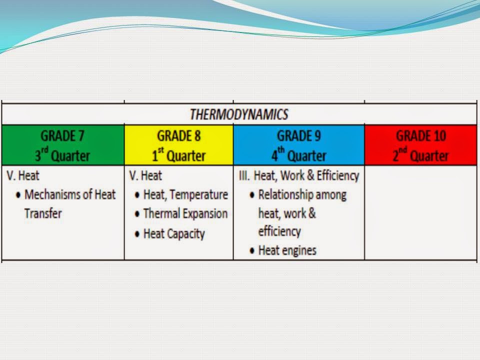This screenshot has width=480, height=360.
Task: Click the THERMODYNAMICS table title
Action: [239, 114]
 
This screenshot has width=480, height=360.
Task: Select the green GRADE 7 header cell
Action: [62, 145]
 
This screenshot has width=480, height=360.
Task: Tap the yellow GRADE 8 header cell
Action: [178, 145]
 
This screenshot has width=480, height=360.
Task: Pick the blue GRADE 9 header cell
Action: [298, 145]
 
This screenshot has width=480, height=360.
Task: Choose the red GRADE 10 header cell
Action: [420, 145]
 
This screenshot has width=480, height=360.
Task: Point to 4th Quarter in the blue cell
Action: [298, 155]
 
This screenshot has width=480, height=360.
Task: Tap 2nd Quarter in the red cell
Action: [420, 155]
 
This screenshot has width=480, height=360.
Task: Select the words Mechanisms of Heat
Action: [69, 194]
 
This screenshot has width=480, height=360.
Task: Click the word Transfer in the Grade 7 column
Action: [43, 213]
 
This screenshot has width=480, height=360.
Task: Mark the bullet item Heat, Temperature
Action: [185, 194]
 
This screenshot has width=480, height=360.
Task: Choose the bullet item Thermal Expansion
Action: [185, 213]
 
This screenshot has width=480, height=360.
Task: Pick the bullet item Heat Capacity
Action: [173, 233]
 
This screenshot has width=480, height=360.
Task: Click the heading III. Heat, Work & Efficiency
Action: [299, 175]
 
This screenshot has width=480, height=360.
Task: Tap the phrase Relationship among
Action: [302, 194]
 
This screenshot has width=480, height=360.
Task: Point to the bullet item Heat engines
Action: [287, 250]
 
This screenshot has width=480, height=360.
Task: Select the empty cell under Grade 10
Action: [420, 212]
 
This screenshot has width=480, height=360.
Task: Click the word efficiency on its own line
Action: [279, 231]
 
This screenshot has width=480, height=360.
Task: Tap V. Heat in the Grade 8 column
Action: [145, 176]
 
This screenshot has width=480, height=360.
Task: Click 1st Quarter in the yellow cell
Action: [178, 155]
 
